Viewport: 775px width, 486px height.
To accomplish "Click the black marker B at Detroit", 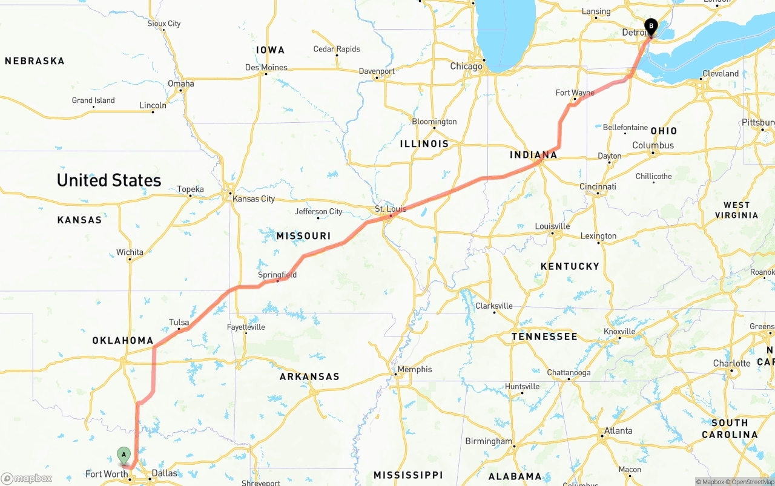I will click(651, 26).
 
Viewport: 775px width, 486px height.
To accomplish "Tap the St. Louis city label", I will click(391, 209).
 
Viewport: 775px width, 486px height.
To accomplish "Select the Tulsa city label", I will click(179, 323).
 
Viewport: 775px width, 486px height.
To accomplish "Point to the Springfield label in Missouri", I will click(277, 275).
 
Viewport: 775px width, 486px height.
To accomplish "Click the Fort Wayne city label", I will click(575, 93).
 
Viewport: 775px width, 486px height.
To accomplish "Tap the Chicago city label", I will click(466, 66).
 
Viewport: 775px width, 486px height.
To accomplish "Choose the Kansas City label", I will click(254, 199).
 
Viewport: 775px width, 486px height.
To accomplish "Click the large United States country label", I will click(109, 180).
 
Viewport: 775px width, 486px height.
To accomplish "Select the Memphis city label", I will click(415, 369).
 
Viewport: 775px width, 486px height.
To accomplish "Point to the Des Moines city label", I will click(266, 67).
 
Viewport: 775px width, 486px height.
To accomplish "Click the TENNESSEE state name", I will click(544, 337).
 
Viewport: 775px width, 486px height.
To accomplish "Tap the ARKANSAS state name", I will click(309, 376).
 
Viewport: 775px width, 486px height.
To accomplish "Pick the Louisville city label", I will click(552, 226).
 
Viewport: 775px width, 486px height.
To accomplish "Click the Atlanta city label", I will click(618, 431).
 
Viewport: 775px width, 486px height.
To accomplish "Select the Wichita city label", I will click(130, 252).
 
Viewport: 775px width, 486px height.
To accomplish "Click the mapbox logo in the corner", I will click(27, 478).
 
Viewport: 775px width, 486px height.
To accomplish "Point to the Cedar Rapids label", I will click(337, 49).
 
